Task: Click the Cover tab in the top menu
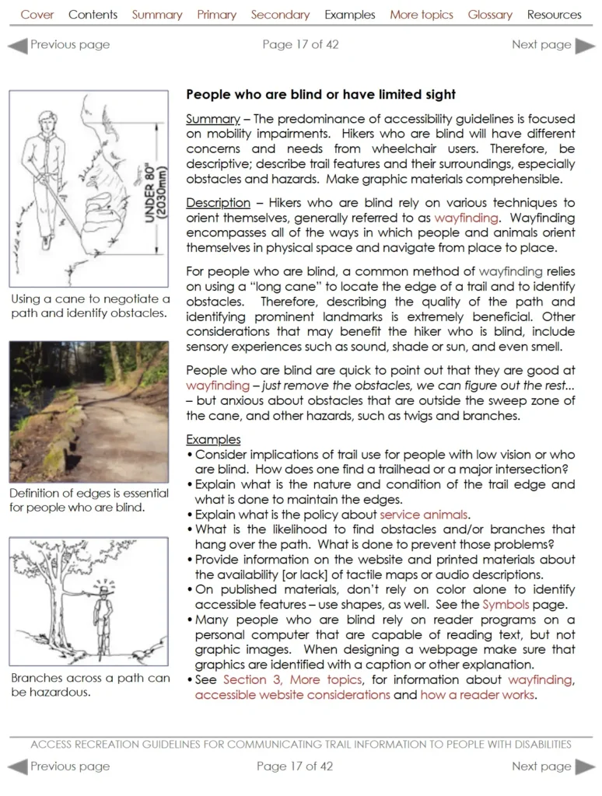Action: (37, 15)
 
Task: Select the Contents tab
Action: (93, 15)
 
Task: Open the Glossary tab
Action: (489, 15)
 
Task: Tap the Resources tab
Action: (554, 15)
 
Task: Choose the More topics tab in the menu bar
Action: (421, 15)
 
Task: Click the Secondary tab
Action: (280, 15)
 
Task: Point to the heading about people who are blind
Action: (320, 95)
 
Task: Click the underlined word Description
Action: (218, 203)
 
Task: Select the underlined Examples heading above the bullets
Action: (213, 439)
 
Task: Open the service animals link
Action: (423, 515)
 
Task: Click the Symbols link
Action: (506, 605)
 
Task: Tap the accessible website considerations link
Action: (292, 695)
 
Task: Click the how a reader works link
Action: (478, 695)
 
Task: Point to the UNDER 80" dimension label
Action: (153, 190)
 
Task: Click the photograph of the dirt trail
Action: (88, 411)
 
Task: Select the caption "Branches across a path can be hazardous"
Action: (90, 685)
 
